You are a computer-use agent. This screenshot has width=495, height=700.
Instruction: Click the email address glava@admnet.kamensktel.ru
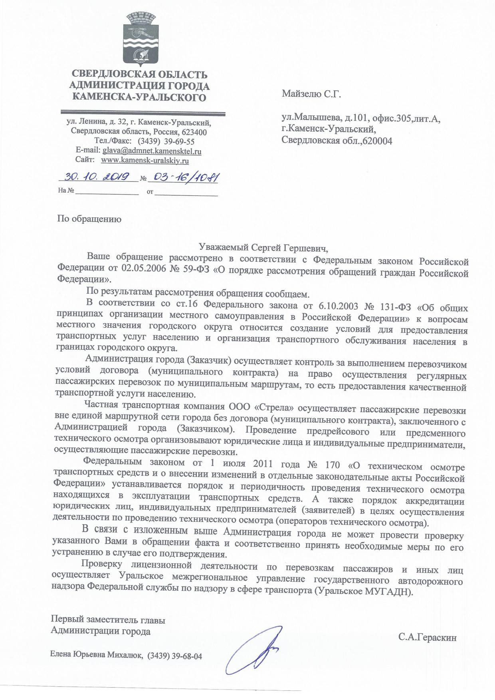tap(152, 151)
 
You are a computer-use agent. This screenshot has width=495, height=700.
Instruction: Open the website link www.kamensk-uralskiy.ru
tap(145, 160)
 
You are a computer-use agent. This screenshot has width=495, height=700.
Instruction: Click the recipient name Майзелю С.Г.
tap(312, 94)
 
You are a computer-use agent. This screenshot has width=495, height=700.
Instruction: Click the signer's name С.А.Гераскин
tap(427, 637)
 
